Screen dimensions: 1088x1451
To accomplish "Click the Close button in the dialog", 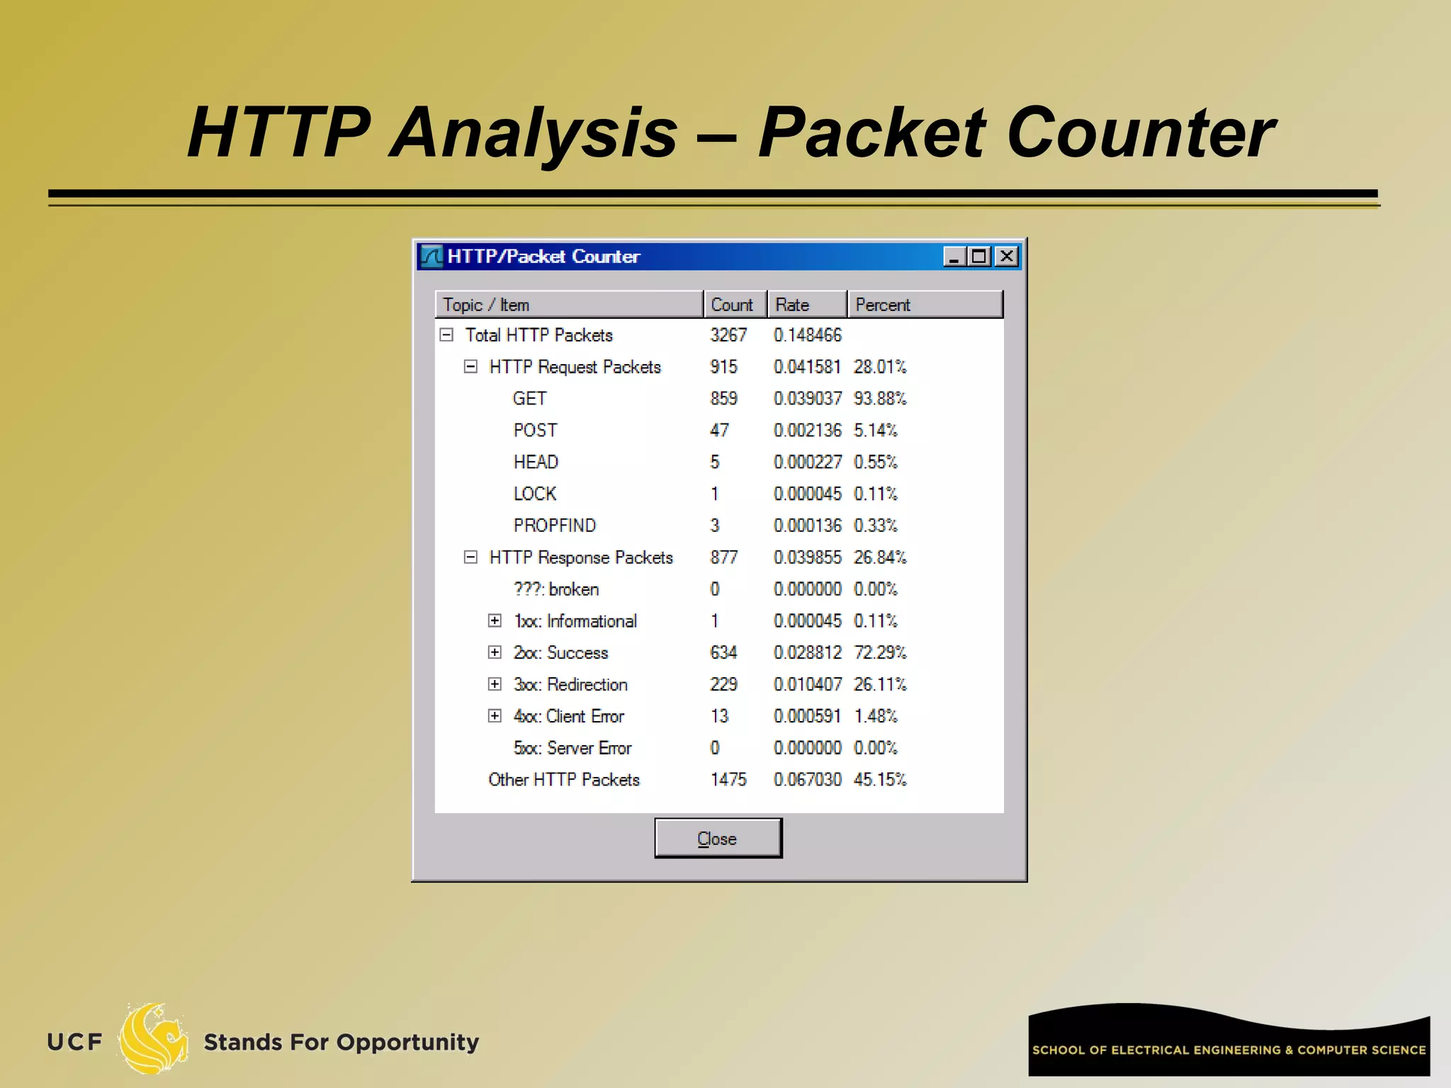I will click(718, 838).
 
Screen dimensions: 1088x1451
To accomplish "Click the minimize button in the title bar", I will click(954, 256).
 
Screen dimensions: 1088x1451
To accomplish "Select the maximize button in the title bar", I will click(980, 256).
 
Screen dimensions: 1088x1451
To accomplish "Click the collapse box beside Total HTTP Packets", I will click(446, 334).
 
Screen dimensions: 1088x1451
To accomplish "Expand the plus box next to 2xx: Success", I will click(495, 652).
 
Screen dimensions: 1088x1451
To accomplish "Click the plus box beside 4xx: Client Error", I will click(495, 716).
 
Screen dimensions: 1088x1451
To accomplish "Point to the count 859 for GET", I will click(723, 399).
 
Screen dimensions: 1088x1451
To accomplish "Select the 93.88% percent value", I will click(879, 399).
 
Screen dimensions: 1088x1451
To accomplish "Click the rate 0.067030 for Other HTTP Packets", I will click(808, 780).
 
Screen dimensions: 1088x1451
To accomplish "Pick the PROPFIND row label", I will click(555, 526).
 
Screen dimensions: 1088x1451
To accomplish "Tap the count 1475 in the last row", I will click(728, 780).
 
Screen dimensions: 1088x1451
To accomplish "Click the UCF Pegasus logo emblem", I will click(153, 1039).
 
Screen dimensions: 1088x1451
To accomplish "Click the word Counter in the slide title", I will click(1140, 132).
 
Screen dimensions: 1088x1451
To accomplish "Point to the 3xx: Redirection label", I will click(570, 685).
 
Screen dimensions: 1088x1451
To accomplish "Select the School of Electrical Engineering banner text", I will click(1229, 1050).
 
